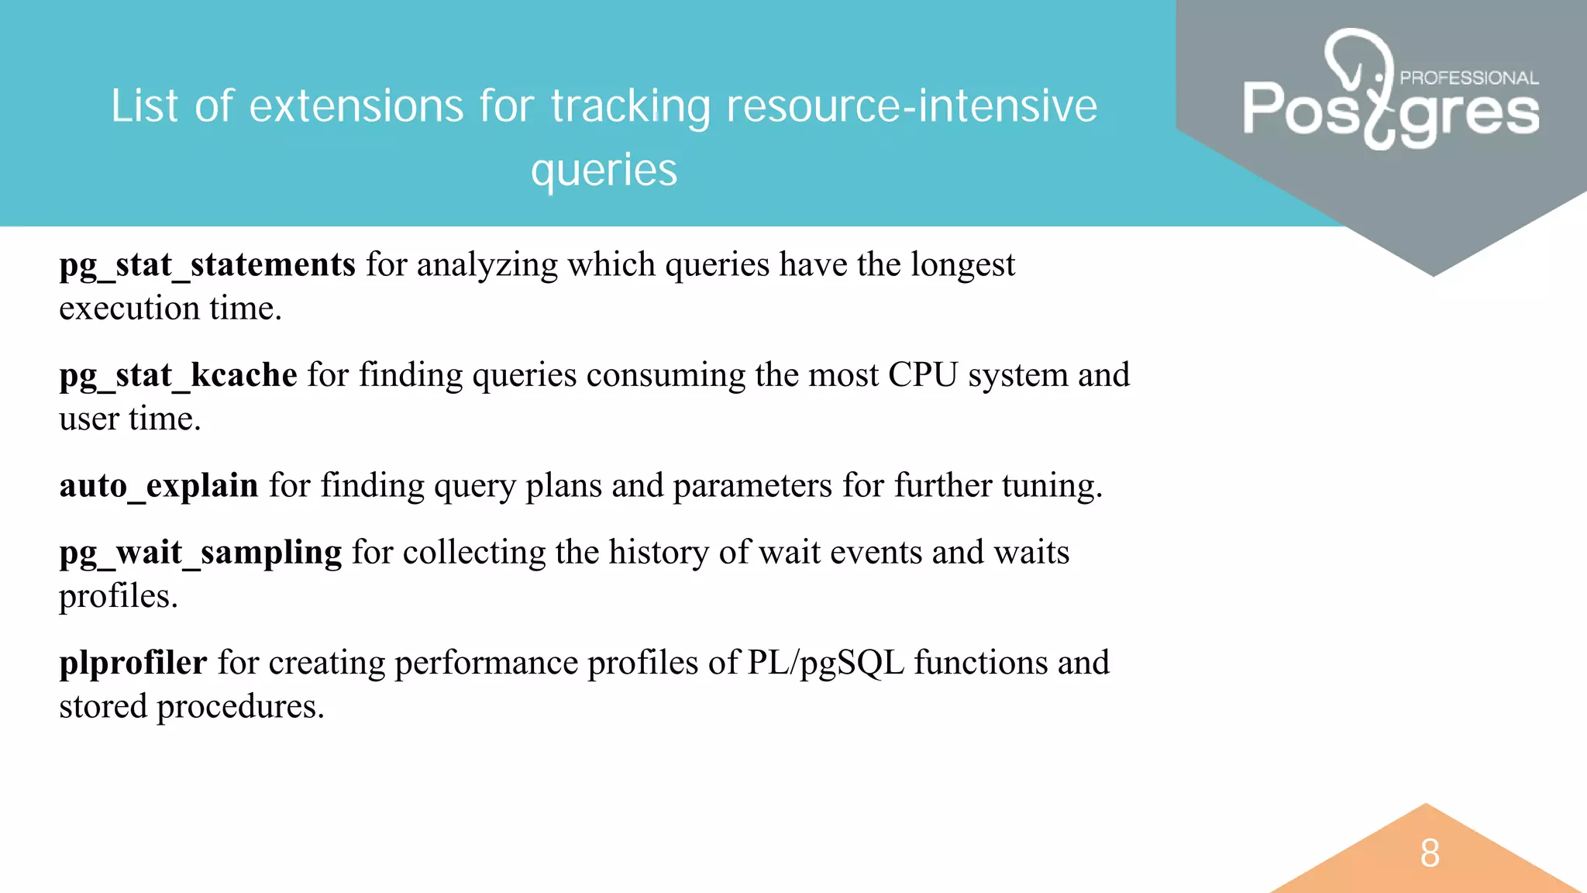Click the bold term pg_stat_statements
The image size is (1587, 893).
click(x=207, y=265)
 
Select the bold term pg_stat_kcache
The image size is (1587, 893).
click(x=178, y=375)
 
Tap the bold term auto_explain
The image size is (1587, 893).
click(x=159, y=486)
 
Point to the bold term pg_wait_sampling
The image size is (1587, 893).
click(x=200, y=553)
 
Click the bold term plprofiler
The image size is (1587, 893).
click(x=133, y=663)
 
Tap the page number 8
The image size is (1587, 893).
click(x=1430, y=853)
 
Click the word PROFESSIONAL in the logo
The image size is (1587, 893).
click(x=1468, y=78)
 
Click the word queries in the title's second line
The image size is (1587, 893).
click(x=604, y=171)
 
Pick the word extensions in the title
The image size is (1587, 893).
click(x=355, y=106)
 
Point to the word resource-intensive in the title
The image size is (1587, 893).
click(x=911, y=106)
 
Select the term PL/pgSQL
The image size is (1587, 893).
click(x=825, y=663)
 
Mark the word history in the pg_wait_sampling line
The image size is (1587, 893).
click(x=658, y=553)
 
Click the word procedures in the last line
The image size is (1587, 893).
click(x=240, y=707)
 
